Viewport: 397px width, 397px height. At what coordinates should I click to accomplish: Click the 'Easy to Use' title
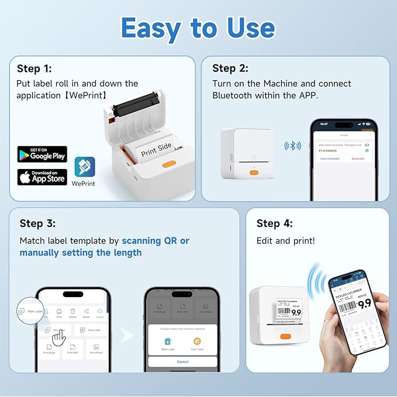pos(198,28)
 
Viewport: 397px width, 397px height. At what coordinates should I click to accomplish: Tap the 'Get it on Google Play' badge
pos(42,154)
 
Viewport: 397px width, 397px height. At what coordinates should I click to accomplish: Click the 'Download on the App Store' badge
pos(42,177)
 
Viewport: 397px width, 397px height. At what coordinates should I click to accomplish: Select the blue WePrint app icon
pos(84,167)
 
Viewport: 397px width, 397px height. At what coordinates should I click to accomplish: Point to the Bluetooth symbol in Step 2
pos(292,146)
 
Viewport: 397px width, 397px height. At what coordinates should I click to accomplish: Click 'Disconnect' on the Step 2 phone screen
pos(358,158)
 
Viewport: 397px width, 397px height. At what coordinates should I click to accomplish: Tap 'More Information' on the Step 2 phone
pos(329,158)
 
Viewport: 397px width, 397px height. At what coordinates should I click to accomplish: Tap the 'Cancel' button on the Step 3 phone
pos(182,361)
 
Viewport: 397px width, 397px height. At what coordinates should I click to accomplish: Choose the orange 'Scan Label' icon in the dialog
pos(197,341)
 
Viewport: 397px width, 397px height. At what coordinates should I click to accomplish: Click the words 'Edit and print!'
pos(285,241)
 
